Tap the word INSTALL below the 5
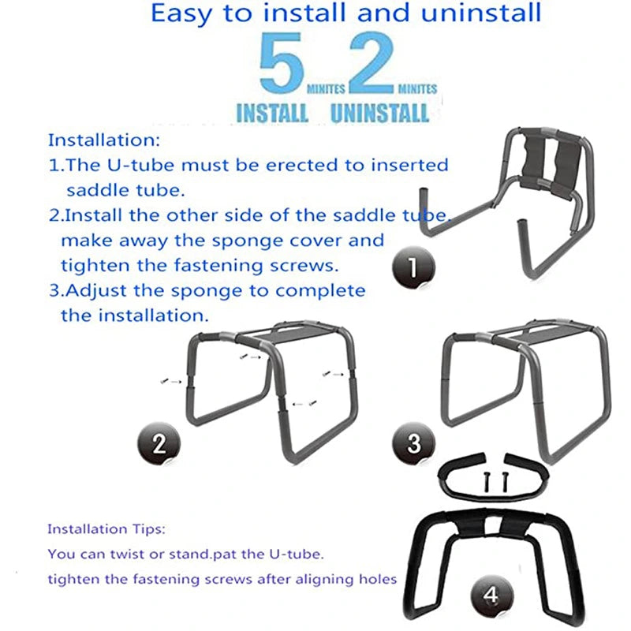[272, 113]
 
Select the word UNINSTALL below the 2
[380, 113]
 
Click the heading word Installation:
[103, 140]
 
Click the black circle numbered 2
[159, 443]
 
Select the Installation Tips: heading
[106, 528]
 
